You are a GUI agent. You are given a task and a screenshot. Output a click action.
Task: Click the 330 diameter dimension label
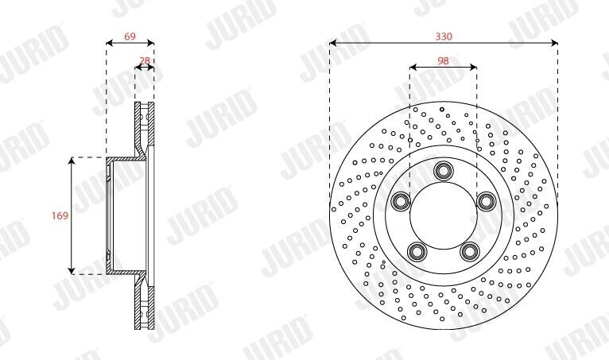(x=443, y=37)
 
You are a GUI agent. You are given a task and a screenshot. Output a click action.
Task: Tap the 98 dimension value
(x=443, y=60)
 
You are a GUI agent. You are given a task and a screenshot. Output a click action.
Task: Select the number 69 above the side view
(x=130, y=37)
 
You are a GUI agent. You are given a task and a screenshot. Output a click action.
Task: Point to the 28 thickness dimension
(x=144, y=60)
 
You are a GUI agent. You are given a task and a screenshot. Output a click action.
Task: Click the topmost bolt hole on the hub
(x=443, y=172)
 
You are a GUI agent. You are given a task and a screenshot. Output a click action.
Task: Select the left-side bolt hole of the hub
(x=401, y=199)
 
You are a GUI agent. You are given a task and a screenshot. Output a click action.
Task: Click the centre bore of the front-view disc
(x=443, y=215)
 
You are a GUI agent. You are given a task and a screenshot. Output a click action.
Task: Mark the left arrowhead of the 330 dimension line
(x=332, y=43)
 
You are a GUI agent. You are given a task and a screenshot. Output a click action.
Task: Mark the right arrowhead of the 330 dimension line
(x=554, y=43)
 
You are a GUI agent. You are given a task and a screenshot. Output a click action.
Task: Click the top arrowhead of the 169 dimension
(x=73, y=161)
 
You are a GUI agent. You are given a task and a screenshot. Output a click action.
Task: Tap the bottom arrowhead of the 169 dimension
(x=73, y=270)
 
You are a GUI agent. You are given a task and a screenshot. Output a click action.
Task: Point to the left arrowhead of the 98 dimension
(x=412, y=68)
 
